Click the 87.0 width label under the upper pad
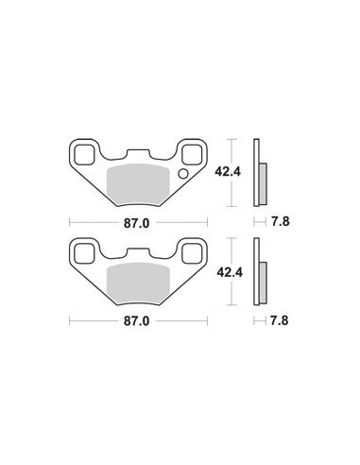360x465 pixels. [136, 223]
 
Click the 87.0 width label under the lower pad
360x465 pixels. [136, 321]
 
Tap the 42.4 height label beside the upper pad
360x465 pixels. [228, 172]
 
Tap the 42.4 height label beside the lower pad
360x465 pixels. [230, 272]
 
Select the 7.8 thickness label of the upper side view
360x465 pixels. [281, 222]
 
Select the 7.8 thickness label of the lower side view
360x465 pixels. [280, 320]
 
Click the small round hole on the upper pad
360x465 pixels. [183, 174]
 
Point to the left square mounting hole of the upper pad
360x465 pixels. [84, 155]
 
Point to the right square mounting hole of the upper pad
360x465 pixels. [192, 155]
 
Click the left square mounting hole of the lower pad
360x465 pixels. [84, 253]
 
